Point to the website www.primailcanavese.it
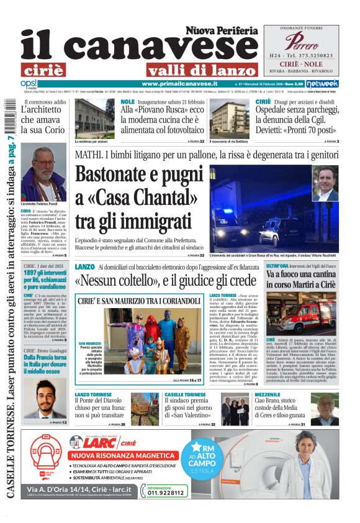point(179,84)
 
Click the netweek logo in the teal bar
point(322,84)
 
